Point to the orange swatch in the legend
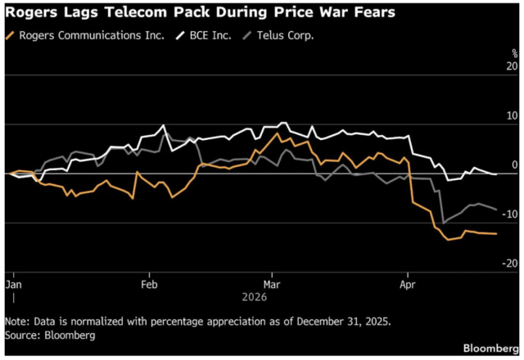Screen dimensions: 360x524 (x=10, y=35)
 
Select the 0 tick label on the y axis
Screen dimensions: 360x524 (x=515, y=164)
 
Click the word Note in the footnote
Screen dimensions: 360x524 (x=18, y=321)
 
